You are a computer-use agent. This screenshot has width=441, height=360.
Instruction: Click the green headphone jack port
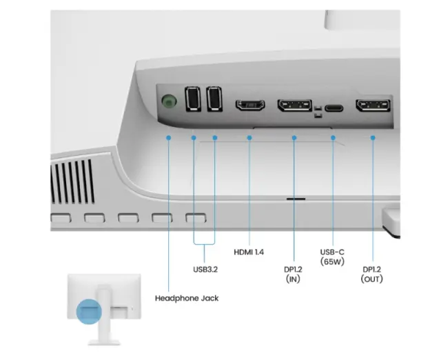pos(170,101)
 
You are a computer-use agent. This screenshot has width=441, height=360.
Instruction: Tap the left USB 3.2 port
pos(193,99)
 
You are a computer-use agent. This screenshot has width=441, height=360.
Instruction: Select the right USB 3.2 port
pos(214,99)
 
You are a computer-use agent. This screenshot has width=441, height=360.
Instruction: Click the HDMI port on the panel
pos(250,105)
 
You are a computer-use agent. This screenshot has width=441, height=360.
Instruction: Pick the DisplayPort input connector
pos(295,106)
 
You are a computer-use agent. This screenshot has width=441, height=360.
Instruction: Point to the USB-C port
pos(334,108)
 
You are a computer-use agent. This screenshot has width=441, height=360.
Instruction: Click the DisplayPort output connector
pos(373,106)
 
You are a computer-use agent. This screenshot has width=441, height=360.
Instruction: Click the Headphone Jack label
pos(187,298)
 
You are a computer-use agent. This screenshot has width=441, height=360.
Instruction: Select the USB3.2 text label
pos(205,270)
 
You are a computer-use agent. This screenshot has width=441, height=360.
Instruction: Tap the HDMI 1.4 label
pos(249,252)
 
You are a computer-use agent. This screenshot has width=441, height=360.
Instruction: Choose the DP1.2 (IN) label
pos(293,274)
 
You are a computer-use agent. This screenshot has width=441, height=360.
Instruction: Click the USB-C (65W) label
pos(332,257)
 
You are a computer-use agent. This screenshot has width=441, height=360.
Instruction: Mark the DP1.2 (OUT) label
pos(372,274)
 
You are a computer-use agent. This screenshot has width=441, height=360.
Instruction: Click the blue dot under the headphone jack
pos(168,138)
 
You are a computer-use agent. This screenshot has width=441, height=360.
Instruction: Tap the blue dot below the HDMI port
pos(249,138)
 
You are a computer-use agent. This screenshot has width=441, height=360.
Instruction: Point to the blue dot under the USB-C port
pos(333,138)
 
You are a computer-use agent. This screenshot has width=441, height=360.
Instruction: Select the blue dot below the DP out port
pos(373,138)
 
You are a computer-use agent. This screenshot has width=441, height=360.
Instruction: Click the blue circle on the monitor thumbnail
pos(89,312)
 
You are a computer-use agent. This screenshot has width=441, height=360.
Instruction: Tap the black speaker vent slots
pos(72,181)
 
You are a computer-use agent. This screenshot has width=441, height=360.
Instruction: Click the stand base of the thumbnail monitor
pos(104,343)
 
